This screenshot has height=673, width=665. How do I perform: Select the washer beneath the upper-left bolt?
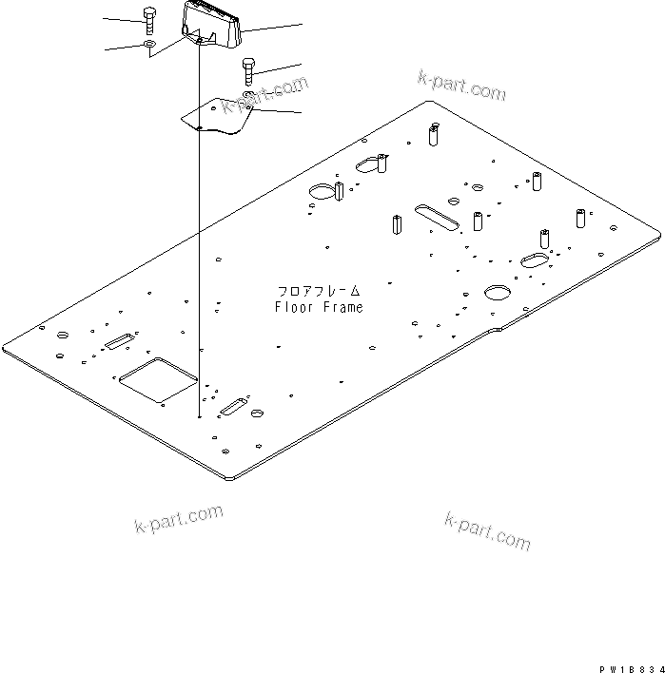149,45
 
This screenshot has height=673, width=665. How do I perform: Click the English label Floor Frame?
319,307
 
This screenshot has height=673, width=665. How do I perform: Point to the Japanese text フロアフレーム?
319,291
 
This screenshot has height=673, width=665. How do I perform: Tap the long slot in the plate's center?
437,216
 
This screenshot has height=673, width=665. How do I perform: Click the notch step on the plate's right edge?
496,331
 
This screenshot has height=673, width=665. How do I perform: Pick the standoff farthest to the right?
579,218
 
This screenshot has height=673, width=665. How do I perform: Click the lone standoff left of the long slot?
395,226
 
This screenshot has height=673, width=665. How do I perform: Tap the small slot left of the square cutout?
119,340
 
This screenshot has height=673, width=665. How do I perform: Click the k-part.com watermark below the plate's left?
178,519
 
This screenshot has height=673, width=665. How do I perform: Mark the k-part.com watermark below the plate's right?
487,529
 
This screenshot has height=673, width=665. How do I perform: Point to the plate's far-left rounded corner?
8,346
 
